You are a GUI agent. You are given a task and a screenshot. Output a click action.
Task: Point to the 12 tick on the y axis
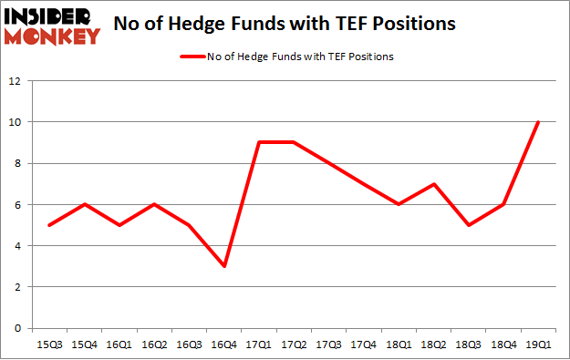click(x=16, y=81)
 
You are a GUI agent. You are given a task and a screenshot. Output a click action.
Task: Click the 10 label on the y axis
click(x=16, y=122)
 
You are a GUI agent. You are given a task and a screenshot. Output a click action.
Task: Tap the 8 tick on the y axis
click(x=17, y=163)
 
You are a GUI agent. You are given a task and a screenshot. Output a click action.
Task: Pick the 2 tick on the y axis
click(x=17, y=287)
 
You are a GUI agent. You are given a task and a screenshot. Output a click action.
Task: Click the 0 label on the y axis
click(x=17, y=328)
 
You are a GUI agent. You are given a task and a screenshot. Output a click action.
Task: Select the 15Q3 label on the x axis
click(x=50, y=345)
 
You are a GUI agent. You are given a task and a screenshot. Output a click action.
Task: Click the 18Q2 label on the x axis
click(x=433, y=345)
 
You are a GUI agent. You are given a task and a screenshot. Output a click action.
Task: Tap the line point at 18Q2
click(x=433, y=184)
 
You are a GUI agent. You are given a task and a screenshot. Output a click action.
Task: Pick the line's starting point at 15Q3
click(x=50, y=225)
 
